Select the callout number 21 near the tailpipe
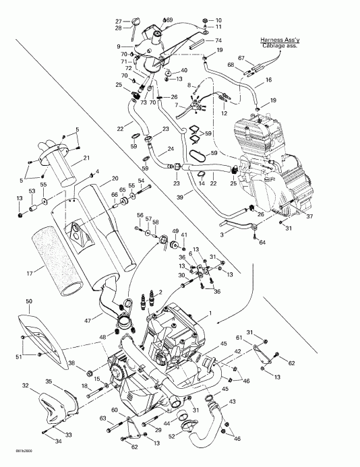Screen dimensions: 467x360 pos(86,158)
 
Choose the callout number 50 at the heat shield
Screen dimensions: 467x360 pos(28,301)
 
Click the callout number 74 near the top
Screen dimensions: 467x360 pos(207,40)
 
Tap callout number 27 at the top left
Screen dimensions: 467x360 pos(117,21)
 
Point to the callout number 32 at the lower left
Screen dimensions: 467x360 pos(25,385)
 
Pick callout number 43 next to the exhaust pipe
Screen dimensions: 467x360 pos(233,402)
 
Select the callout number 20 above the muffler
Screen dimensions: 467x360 pos(115,177)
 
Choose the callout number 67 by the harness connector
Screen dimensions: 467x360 pos(241,59)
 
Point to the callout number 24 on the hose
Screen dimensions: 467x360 pos(171,148)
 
